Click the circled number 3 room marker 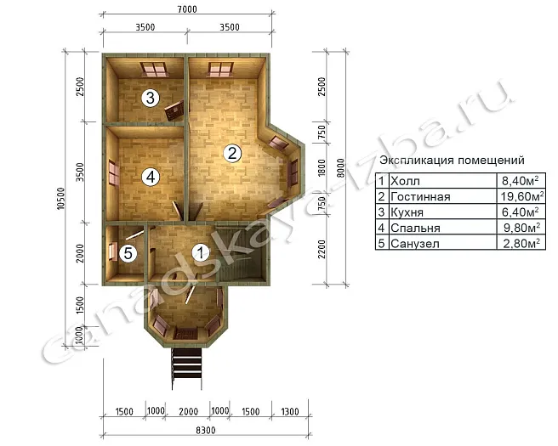click(x=151, y=98)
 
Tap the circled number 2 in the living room click(x=232, y=153)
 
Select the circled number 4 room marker click(x=151, y=177)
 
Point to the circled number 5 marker click(x=128, y=253)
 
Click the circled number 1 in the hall click(x=201, y=252)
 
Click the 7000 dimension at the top click(x=187, y=8)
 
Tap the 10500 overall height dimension click(x=61, y=198)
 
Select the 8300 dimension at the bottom click(x=206, y=431)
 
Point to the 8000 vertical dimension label click(x=340, y=168)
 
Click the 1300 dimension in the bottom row click(x=290, y=411)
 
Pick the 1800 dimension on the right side click(x=322, y=167)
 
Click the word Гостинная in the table click(x=420, y=196)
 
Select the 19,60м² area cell click(x=522, y=195)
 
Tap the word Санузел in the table click(x=415, y=244)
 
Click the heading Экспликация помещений click(x=452, y=160)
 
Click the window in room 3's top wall click(x=154, y=70)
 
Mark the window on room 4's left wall click(x=113, y=172)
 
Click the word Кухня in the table click(x=407, y=212)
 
